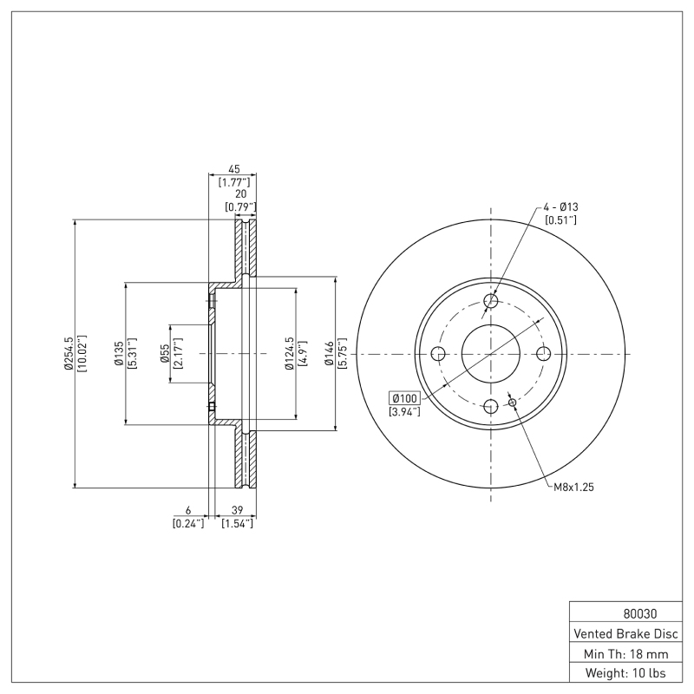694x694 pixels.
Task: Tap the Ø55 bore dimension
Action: coord(164,354)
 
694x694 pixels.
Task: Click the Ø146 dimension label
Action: coord(329,354)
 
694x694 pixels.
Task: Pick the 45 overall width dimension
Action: coord(233,171)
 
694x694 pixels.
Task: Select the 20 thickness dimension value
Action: coord(239,195)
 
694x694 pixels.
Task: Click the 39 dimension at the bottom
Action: coord(237,512)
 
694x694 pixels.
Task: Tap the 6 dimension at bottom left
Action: coord(188,512)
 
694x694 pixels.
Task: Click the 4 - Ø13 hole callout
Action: coord(560,206)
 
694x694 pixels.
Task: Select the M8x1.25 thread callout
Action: coord(573,488)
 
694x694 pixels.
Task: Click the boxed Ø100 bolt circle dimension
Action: coord(404,398)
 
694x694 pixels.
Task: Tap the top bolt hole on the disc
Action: coord(491,301)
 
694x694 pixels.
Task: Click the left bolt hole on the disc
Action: coord(438,354)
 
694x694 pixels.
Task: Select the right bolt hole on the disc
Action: coord(544,354)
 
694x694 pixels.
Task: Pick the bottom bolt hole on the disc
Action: coord(491,407)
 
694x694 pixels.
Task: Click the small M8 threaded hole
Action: coord(512,403)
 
